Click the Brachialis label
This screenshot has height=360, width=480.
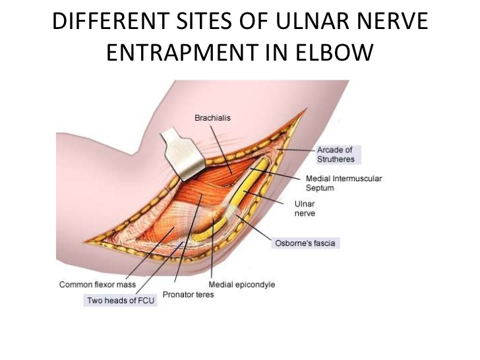[212, 119]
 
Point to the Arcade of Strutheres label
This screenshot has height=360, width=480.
[336, 154]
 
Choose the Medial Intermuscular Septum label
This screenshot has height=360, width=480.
[344, 183]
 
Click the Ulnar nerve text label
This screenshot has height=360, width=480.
[305, 209]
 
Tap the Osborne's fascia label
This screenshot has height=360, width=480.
[304, 243]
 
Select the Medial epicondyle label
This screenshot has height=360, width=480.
[241, 285]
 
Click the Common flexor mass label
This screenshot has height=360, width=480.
[97, 285]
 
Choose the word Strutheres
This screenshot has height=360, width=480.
[336, 159]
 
